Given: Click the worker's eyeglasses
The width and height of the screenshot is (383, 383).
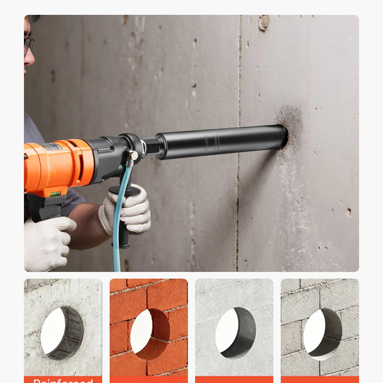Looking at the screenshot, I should click(29, 45).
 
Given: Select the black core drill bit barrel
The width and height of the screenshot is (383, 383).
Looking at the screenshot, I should click(220, 142).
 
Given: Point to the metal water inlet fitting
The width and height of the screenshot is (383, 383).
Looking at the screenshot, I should click(132, 155).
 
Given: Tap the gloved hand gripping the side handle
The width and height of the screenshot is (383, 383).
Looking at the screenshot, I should click(127, 211).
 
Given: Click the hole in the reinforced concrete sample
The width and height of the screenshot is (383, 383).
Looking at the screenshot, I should click(62, 333).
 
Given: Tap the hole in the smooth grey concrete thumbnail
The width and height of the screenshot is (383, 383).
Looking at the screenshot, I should click(235, 333).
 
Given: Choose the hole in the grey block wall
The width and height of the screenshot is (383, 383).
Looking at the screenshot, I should click(322, 333).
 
